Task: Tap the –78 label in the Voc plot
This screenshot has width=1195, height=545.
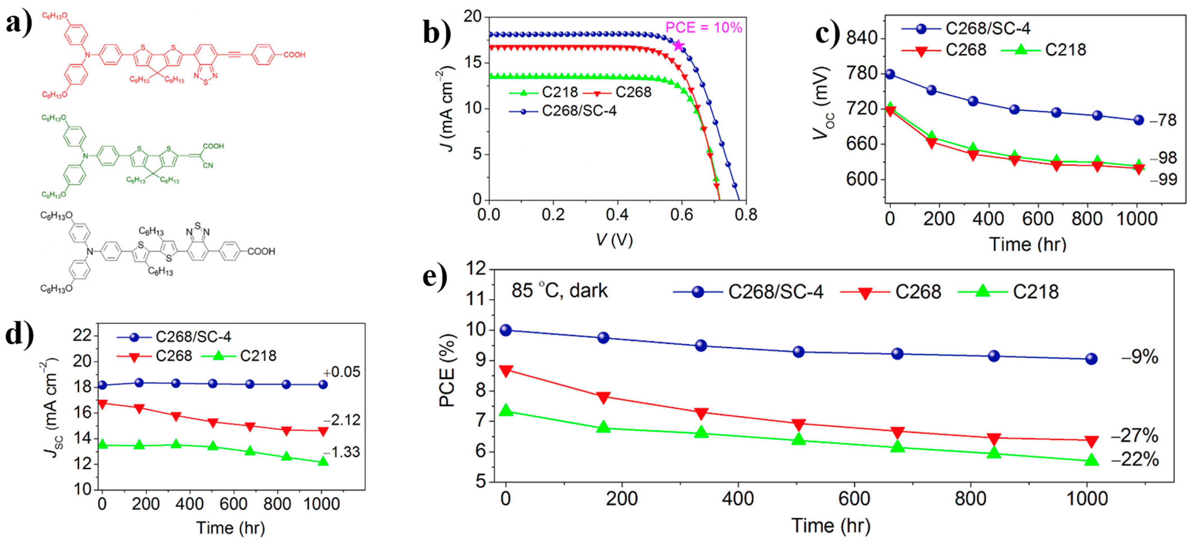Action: (x=1163, y=121)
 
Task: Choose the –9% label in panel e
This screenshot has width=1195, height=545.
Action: (x=1139, y=357)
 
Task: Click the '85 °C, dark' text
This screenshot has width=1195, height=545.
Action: (x=559, y=291)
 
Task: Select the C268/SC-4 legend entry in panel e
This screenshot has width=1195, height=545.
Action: (x=748, y=292)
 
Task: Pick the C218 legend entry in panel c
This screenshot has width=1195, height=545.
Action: (x=1044, y=50)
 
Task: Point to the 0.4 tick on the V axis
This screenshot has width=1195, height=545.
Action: (x=617, y=215)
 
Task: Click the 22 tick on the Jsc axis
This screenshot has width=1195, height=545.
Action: (x=82, y=335)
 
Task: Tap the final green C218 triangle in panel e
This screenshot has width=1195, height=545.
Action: (x=1092, y=460)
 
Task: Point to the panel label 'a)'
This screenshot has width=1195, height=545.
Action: (x=19, y=22)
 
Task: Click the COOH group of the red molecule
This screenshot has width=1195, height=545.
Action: (x=294, y=55)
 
